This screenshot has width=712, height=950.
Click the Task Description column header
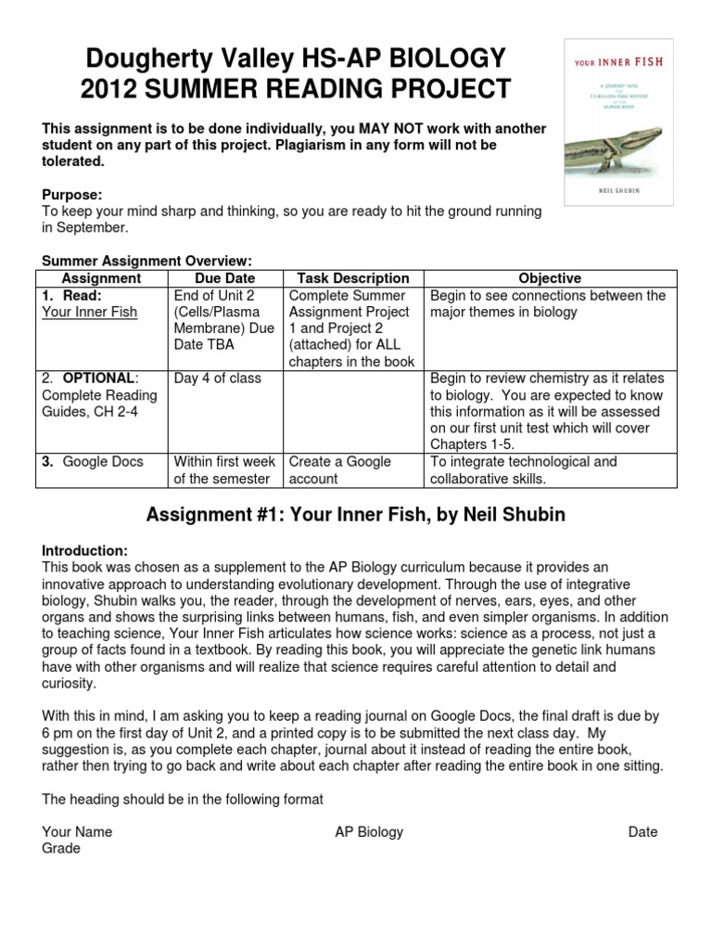(x=352, y=278)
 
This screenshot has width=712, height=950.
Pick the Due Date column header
(x=225, y=278)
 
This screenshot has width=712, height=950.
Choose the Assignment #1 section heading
(x=356, y=516)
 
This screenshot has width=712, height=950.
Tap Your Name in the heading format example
(x=77, y=831)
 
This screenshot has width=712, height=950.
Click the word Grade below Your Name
(x=61, y=848)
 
